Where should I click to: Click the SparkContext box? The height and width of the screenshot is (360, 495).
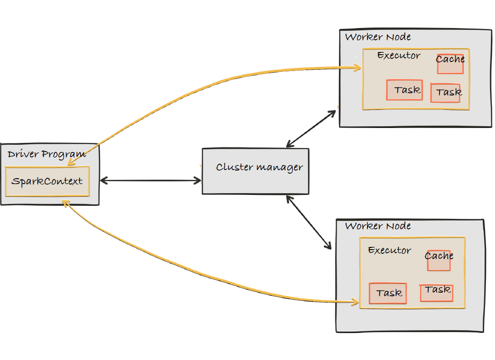[47, 181]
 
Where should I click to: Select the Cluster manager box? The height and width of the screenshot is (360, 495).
[255, 171]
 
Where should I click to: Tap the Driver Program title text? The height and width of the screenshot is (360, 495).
[47, 154]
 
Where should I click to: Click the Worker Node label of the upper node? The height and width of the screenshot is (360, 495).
[378, 37]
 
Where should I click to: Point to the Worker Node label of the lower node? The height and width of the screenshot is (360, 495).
[378, 226]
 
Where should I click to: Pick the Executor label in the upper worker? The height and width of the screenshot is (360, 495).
[399, 56]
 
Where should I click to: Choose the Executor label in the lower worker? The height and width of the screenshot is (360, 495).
[390, 250]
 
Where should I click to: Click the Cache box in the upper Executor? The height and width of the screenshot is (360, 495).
[450, 64]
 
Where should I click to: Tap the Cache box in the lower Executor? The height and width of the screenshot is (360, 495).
[439, 261]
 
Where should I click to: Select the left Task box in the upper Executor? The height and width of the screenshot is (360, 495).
[405, 90]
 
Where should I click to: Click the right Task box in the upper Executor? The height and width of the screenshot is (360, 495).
[445, 93]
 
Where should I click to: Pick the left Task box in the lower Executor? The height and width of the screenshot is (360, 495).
[388, 293]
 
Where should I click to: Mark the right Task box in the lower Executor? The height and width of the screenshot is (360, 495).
[437, 293]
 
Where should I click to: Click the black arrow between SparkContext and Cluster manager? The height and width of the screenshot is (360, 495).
[150, 180]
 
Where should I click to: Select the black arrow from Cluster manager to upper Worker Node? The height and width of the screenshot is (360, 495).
[312, 128]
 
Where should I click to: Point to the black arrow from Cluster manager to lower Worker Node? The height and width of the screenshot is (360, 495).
[309, 222]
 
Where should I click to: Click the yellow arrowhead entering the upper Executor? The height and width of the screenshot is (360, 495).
[357, 68]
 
